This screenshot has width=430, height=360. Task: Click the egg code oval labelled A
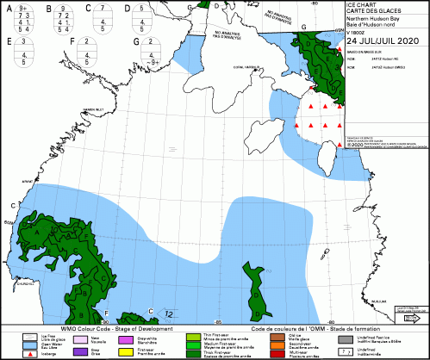22,19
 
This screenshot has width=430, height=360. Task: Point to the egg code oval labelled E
22,51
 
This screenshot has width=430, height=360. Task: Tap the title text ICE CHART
361,5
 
